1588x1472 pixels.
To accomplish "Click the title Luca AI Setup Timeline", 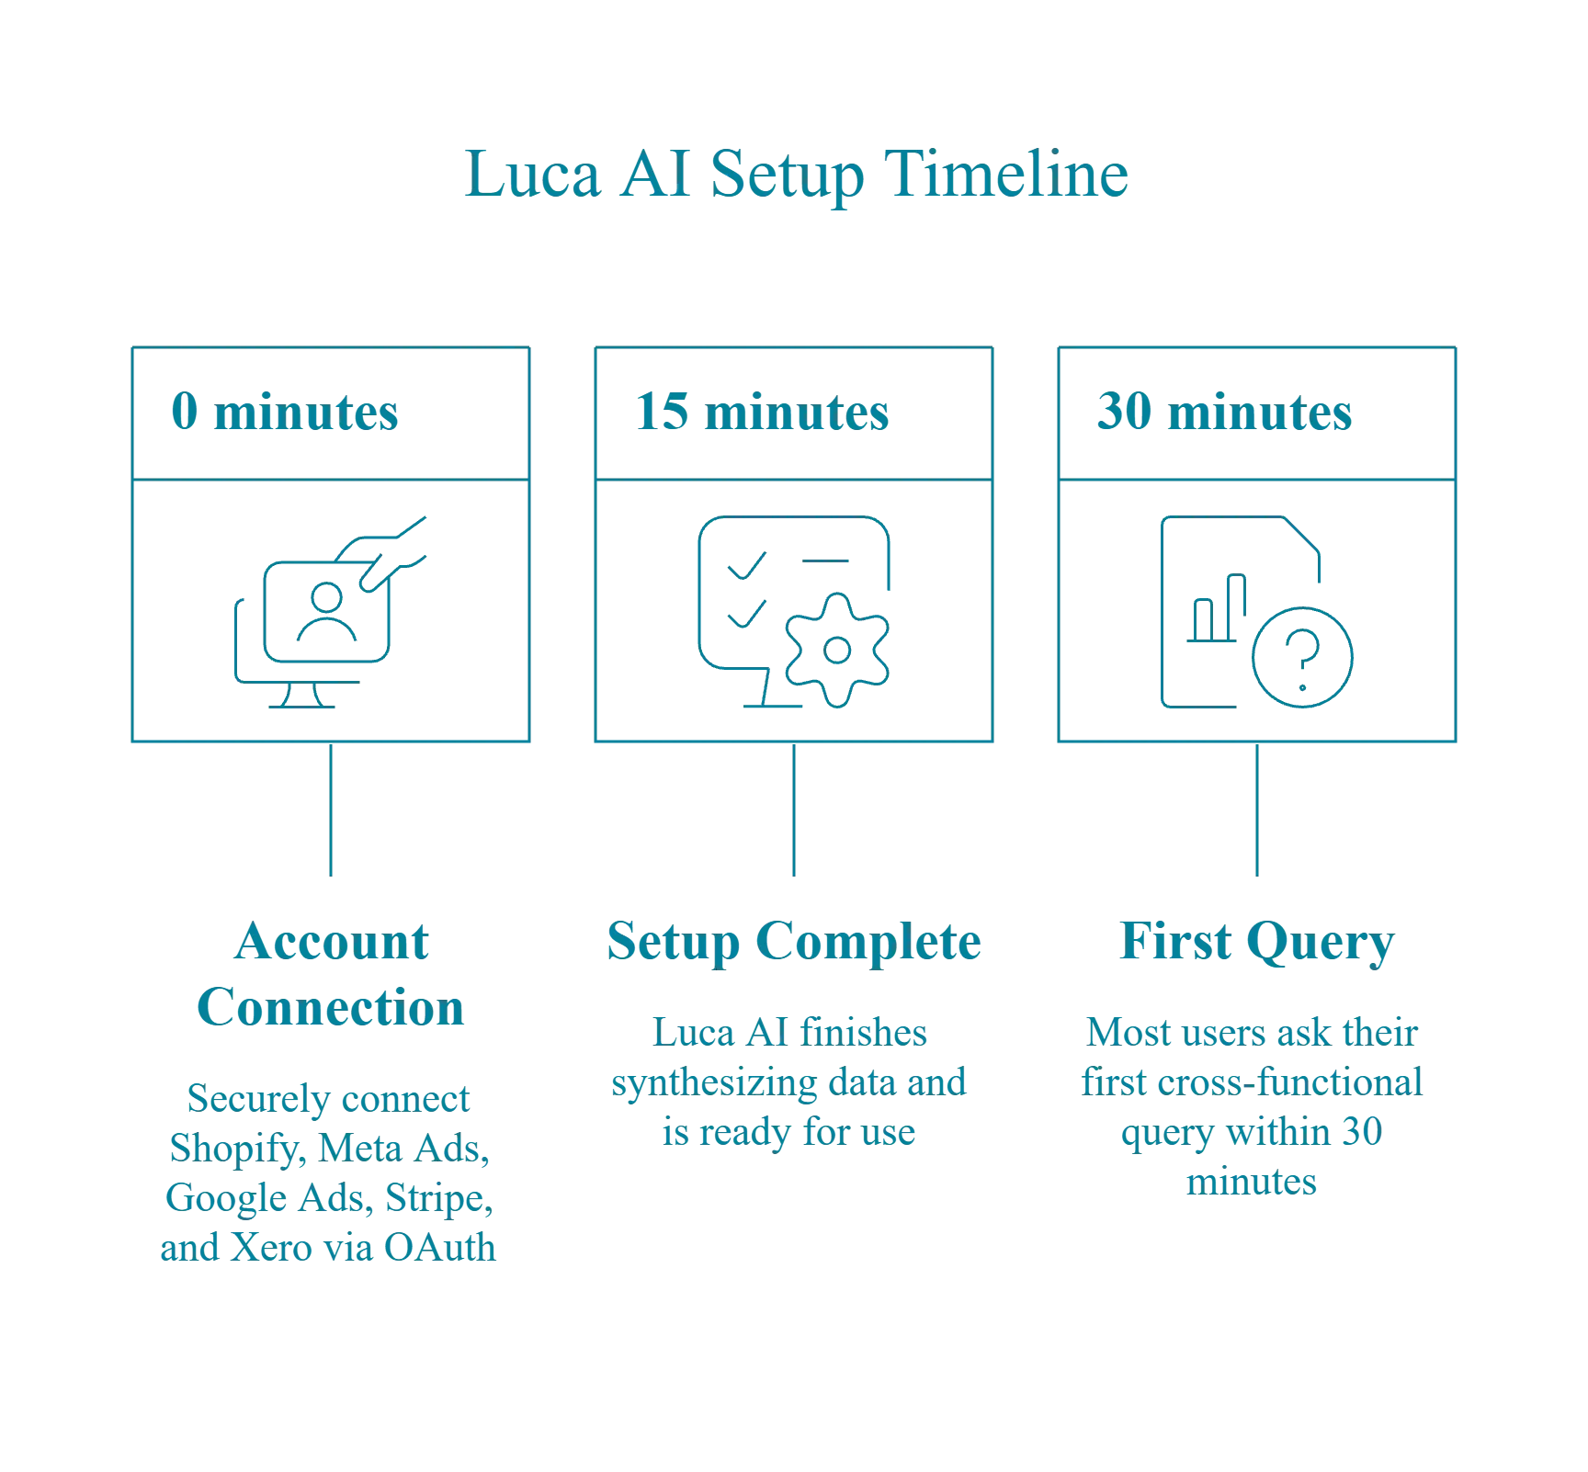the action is coord(796,174).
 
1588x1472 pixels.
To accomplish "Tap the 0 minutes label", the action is coord(285,413).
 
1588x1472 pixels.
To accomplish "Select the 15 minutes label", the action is coord(761,413).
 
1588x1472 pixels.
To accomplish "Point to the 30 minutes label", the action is coord(1223,413).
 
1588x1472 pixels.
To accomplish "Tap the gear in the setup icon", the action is coord(835,651).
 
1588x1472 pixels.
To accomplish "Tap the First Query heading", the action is coord(1256,942).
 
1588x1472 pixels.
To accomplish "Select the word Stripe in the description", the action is coord(437,1198).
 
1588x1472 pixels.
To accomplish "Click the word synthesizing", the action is coord(713,1082).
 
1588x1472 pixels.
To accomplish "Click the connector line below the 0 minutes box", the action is coord(331,813).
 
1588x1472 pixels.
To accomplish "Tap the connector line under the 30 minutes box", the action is coord(1256,813).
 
